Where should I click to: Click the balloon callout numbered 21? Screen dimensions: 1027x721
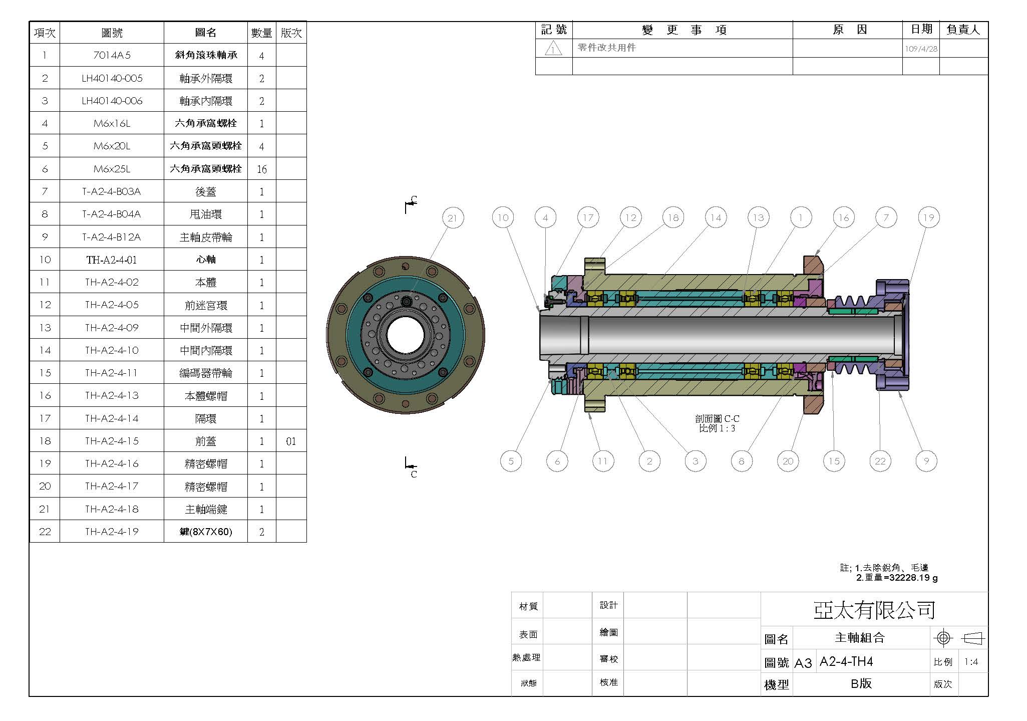click(453, 218)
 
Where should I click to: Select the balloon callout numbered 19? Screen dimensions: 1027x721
click(928, 218)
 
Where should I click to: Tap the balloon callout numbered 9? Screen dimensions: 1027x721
click(926, 461)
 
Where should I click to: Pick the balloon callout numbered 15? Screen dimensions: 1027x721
click(834, 461)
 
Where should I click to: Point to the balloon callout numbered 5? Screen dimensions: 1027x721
click(511, 461)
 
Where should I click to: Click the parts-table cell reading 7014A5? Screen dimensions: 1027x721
click(112, 55)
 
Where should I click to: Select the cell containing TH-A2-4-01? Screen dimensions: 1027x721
click(112, 260)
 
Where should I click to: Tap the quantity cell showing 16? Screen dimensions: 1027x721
click(261, 169)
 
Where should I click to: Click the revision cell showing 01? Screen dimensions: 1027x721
click(291, 441)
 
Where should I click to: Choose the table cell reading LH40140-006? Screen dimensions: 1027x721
click(112, 101)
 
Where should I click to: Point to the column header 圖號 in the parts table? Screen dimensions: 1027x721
click(112, 33)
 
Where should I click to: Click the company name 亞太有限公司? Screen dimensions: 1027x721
click(874, 610)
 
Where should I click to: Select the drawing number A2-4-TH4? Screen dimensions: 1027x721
click(846, 662)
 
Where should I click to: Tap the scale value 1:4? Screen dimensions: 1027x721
click(971, 662)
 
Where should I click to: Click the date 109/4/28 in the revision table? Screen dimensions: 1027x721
click(921, 49)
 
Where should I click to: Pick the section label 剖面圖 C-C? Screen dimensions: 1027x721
click(717, 419)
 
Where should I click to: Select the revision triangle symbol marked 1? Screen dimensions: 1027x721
click(553, 49)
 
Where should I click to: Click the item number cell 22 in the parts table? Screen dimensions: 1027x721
click(45, 532)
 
